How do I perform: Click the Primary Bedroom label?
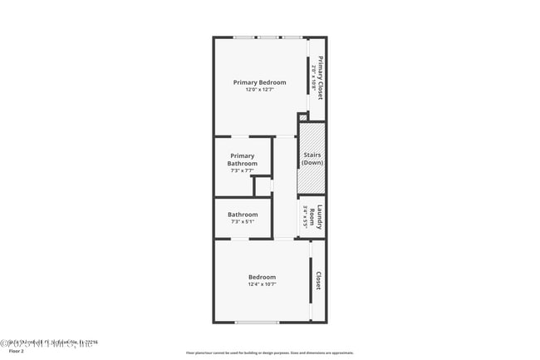pyautogui.click(x=259, y=82)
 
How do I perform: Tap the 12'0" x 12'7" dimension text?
pyautogui.click(x=259, y=90)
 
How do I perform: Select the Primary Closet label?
pyautogui.click(x=320, y=77)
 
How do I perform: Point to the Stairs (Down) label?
pyautogui.click(x=312, y=159)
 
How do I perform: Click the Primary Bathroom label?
pyautogui.click(x=243, y=160)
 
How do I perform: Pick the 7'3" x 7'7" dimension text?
pyautogui.click(x=243, y=170)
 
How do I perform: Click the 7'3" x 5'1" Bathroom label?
pyautogui.click(x=243, y=215)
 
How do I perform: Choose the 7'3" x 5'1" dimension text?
pyautogui.click(x=243, y=222)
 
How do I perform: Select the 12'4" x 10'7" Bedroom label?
pyautogui.click(x=262, y=277)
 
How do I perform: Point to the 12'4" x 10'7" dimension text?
pyautogui.click(x=262, y=284)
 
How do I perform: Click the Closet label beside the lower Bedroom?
pyautogui.click(x=318, y=281)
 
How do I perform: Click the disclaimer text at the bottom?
pyautogui.click(x=269, y=353)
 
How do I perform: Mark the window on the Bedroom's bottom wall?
pyautogui.click(x=257, y=323)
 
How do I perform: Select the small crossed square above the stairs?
pyautogui.click(x=303, y=117)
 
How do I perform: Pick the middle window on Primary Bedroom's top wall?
pyautogui.click(x=268, y=37)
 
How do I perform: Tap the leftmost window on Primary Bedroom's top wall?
pyautogui.click(x=243, y=37)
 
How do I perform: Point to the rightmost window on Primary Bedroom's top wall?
pyautogui.click(x=292, y=37)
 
